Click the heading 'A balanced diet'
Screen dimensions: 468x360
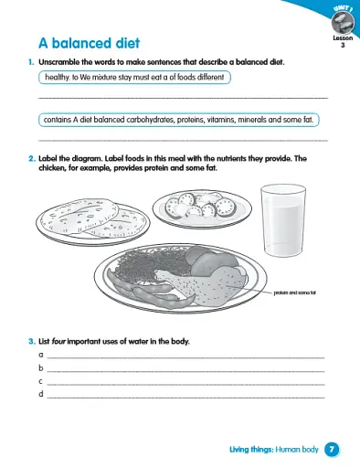(90, 42)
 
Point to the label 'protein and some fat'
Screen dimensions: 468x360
(293, 292)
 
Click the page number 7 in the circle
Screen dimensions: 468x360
(333, 449)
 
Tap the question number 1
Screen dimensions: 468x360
(31, 61)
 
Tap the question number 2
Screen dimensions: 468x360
(31, 157)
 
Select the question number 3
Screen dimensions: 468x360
(31, 342)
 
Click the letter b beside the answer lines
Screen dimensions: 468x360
(40, 367)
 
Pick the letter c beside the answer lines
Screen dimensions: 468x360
(40, 380)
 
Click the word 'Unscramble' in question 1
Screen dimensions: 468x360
(59, 61)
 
